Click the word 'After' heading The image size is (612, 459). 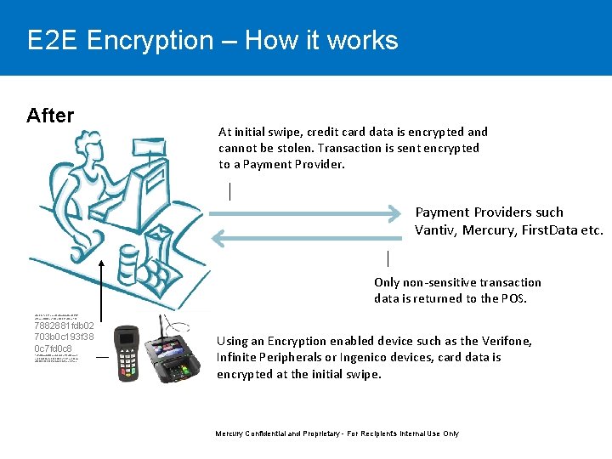coord(50,116)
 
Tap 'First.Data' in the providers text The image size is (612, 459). coord(547,229)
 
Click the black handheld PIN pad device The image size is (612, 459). coord(127,348)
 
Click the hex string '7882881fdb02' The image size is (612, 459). coord(64,325)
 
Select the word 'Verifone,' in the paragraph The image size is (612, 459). coord(507,341)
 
